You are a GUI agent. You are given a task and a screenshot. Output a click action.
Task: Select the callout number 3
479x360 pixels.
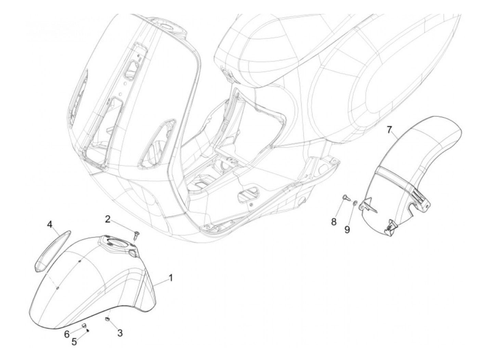(x=120, y=333)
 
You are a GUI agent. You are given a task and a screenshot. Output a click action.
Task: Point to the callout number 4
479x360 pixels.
(x=50, y=225)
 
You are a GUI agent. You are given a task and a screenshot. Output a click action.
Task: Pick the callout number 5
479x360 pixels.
(x=74, y=342)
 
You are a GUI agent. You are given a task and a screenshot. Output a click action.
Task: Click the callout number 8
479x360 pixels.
(x=334, y=222)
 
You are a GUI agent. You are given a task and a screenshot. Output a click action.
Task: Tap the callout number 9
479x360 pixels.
(x=347, y=230)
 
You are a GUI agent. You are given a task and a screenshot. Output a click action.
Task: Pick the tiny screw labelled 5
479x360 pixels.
(x=88, y=330)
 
